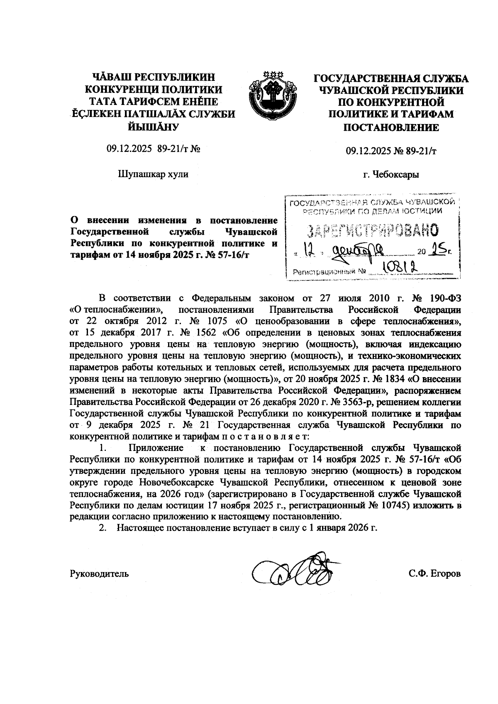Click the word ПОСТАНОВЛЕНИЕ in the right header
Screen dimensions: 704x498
tap(391, 127)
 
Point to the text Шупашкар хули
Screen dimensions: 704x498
tap(153, 174)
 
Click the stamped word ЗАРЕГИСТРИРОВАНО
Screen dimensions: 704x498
tap(372, 229)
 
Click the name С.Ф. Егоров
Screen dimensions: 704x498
tap(435, 574)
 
